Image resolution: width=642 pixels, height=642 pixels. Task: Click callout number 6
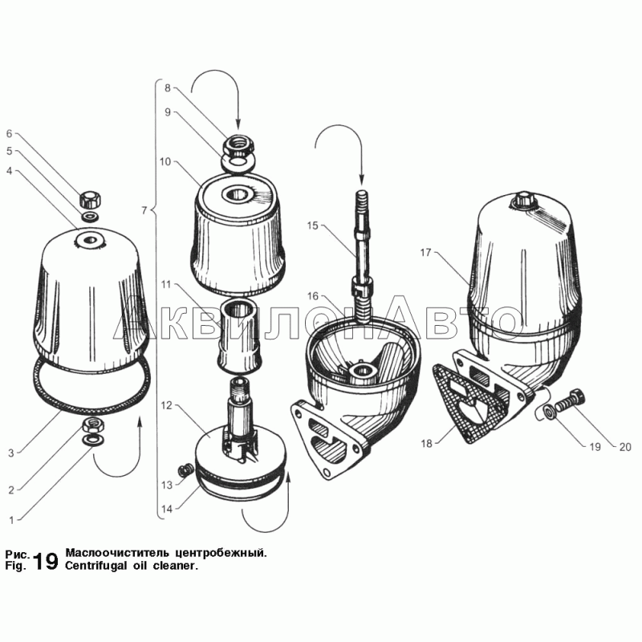click(x=9, y=133)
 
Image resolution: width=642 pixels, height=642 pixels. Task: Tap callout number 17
click(x=426, y=252)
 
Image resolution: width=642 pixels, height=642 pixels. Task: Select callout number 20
click(x=625, y=448)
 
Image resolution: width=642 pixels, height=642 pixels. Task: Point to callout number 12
click(x=166, y=405)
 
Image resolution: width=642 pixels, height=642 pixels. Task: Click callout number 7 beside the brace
click(x=144, y=210)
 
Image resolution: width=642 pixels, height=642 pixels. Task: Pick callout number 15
click(x=312, y=226)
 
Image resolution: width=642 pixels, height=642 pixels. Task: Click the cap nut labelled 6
click(x=91, y=199)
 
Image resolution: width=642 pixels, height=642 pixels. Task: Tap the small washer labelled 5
click(x=89, y=216)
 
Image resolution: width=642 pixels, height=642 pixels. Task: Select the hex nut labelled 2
click(x=93, y=426)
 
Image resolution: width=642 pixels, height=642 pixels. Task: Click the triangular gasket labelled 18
click(x=467, y=405)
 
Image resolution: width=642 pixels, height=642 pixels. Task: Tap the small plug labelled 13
click(x=185, y=469)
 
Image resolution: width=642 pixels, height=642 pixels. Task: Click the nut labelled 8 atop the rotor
click(x=239, y=145)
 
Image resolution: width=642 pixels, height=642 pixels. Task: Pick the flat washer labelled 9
click(x=238, y=162)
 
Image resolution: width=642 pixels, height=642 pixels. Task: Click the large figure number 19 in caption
click(x=46, y=561)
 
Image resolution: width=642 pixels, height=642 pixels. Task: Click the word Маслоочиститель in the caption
click(x=117, y=553)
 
